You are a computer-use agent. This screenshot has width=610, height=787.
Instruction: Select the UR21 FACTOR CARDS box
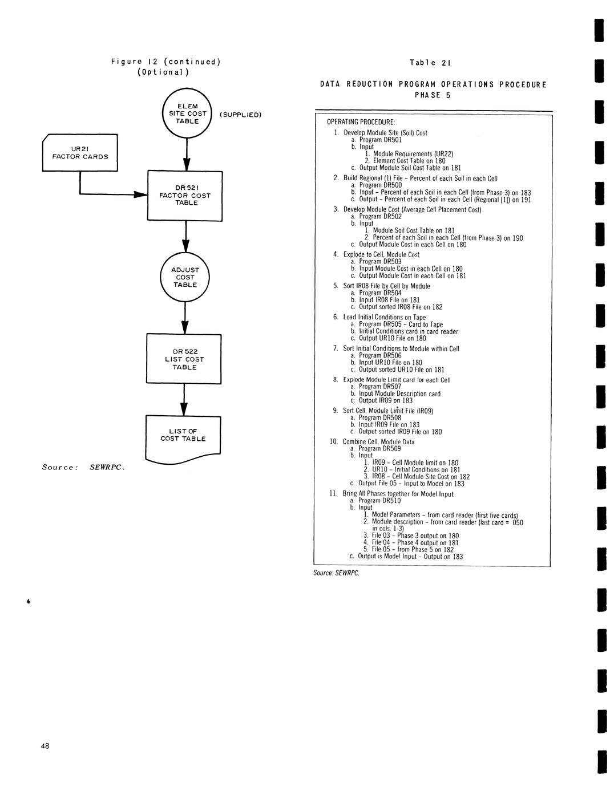click(80, 152)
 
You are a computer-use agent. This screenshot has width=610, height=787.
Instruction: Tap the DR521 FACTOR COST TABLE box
click(185, 195)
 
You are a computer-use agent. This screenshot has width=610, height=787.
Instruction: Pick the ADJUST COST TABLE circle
click(185, 277)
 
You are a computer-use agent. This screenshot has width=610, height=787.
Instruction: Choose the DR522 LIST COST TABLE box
click(184, 359)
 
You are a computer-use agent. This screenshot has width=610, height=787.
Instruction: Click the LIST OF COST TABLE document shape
click(183, 438)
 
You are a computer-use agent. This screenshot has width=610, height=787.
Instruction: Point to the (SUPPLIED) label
click(240, 115)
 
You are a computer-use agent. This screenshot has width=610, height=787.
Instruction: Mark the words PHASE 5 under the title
click(432, 95)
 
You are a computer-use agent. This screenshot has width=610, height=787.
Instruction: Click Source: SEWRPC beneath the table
click(336, 573)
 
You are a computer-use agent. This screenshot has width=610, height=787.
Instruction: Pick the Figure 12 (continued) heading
click(165, 62)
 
